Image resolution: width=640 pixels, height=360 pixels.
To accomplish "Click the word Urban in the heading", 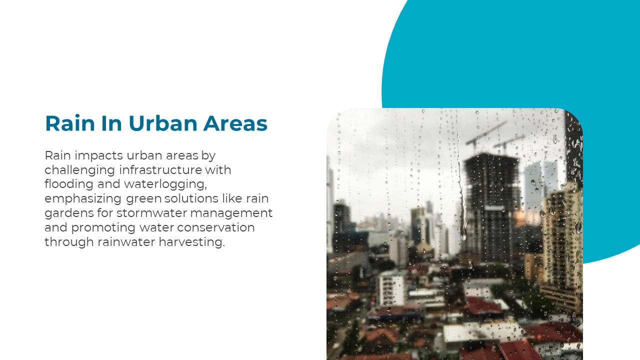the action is tap(163, 123).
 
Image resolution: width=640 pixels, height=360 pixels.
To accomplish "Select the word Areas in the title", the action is tap(235, 123).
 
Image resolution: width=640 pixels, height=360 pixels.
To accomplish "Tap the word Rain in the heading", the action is tap(69, 123).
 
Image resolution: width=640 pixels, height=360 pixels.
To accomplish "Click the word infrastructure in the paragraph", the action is tap(160, 170).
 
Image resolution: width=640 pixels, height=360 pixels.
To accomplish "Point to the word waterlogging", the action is tap(165, 185).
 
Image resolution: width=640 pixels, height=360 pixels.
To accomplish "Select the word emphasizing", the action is tap(83, 199).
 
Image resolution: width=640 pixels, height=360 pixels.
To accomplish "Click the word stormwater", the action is tap(151, 213).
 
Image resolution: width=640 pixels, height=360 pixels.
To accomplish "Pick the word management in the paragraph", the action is tap(231, 213).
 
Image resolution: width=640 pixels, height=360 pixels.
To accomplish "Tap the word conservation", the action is tap(215, 227).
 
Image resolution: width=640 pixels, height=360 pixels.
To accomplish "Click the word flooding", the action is tap(69, 184).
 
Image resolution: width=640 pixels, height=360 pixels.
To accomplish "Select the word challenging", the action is tap(79, 170).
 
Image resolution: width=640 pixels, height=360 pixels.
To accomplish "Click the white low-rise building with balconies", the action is tap(391, 288).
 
